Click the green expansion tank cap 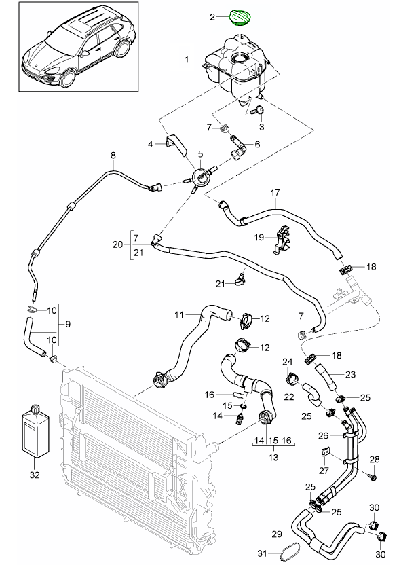[x=242, y=16]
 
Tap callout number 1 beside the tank [x=186, y=60]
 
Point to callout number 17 [x=275, y=193]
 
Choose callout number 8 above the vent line [x=113, y=156]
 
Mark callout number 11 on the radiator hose [x=179, y=314]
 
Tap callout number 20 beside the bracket [x=117, y=244]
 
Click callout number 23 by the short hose [x=350, y=373]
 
